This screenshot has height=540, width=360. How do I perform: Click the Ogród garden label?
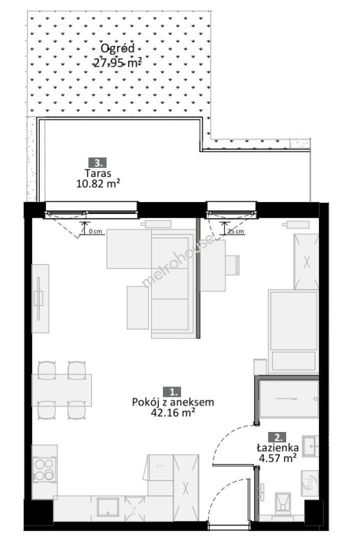point(117,48)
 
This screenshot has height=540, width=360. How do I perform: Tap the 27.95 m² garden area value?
point(118,63)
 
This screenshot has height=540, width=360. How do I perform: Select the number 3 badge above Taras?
point(98,162)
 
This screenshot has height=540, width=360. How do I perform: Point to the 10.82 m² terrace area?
point(98,183)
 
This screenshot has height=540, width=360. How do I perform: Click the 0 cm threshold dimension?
point(95,231)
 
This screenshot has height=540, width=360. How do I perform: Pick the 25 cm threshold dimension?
point(236,231)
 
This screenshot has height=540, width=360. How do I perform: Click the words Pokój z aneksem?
point(173,402)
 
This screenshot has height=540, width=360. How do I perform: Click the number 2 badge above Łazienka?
point(278,437)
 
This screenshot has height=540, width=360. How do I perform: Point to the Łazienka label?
point(277,447)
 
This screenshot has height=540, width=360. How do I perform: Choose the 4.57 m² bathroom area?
point(277,458)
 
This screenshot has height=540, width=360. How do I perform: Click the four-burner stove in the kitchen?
point(44,469)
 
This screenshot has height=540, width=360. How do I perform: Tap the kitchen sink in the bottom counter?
point(108,507)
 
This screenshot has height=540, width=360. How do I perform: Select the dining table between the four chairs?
point(62,390)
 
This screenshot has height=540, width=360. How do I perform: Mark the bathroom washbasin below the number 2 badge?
point(310,446)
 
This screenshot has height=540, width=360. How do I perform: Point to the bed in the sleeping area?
point(293,331)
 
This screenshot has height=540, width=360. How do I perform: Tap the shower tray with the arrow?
point(288,399)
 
